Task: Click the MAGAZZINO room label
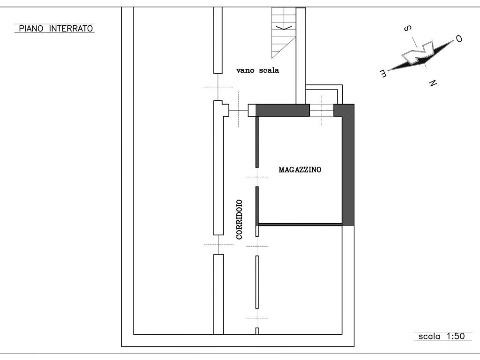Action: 300,170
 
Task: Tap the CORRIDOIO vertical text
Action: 239,219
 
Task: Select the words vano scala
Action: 257,70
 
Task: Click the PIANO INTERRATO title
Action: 56,29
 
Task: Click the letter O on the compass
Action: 459,39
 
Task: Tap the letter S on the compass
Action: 407,29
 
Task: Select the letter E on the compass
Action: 383,73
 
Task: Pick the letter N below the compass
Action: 433,82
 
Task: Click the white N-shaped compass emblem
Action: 418,52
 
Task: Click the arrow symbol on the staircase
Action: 284,28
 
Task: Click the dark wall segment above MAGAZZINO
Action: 282,110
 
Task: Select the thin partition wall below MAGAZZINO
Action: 300,225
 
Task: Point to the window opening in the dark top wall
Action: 322,110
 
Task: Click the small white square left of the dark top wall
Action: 252,110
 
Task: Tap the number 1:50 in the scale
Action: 456,336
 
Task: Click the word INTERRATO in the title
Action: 71,29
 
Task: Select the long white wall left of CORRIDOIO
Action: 218,168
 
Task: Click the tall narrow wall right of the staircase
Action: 300,56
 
